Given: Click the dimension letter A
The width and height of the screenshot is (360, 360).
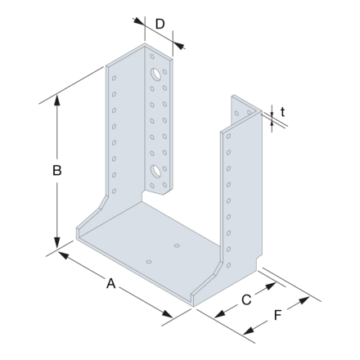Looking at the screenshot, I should [110, 284].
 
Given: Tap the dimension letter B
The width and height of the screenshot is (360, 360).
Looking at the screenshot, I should [56, 171].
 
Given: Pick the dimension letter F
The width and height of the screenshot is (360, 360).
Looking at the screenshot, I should [278, 314].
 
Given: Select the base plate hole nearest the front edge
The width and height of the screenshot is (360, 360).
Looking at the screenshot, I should [148, 262].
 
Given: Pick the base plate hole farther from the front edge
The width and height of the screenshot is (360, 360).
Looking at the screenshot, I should [177, 245].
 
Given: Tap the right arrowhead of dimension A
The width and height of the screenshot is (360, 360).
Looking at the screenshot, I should [169, 317].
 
